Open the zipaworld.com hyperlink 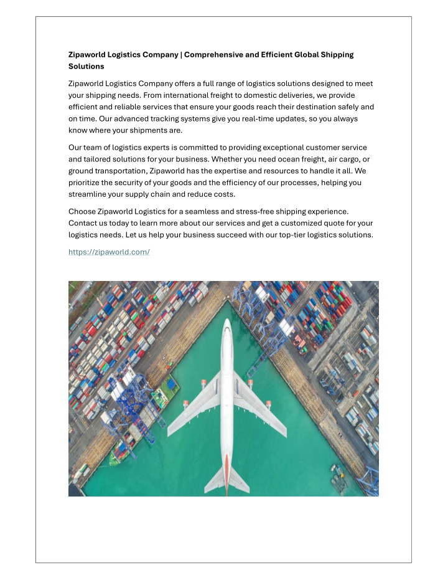(x=110, y=252)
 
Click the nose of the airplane (x=226, y=323)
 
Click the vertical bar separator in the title (x=181, y=55)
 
